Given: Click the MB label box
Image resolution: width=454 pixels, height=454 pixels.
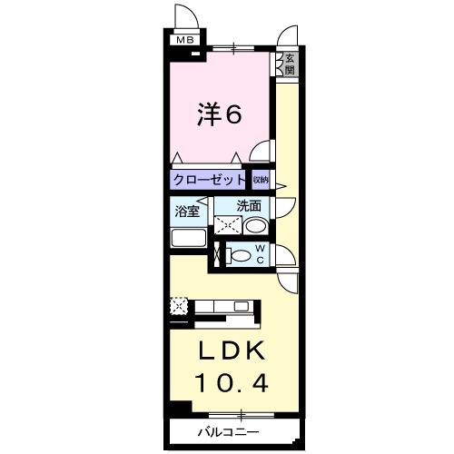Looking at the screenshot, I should pyautogui.click(x=184, y=39).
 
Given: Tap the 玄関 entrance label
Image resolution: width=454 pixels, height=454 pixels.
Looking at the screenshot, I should pyautogui.click(x=289, y=64).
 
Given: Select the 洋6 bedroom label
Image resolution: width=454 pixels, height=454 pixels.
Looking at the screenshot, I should pyautogui.click(x=219, y=115).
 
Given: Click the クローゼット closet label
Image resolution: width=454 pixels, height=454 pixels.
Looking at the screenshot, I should pyautogui.click(x=208, y=180).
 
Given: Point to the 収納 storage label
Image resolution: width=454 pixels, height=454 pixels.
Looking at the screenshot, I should pyautogui.click(x=262, y=180).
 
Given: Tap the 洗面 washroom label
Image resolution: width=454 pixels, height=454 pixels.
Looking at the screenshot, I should pyautogui.click(x=249, y=206).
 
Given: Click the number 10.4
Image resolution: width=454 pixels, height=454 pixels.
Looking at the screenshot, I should pyautogui.click(x=230, y=383).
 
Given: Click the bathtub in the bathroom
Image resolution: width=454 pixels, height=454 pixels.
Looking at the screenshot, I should pyautogui.click(x=191, y=240).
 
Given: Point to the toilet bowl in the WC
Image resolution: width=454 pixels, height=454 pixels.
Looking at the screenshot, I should pyautogui.click(x=240, y=256).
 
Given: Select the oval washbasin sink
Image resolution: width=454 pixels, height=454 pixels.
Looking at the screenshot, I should pyautogui.click(x=256, y=226).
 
